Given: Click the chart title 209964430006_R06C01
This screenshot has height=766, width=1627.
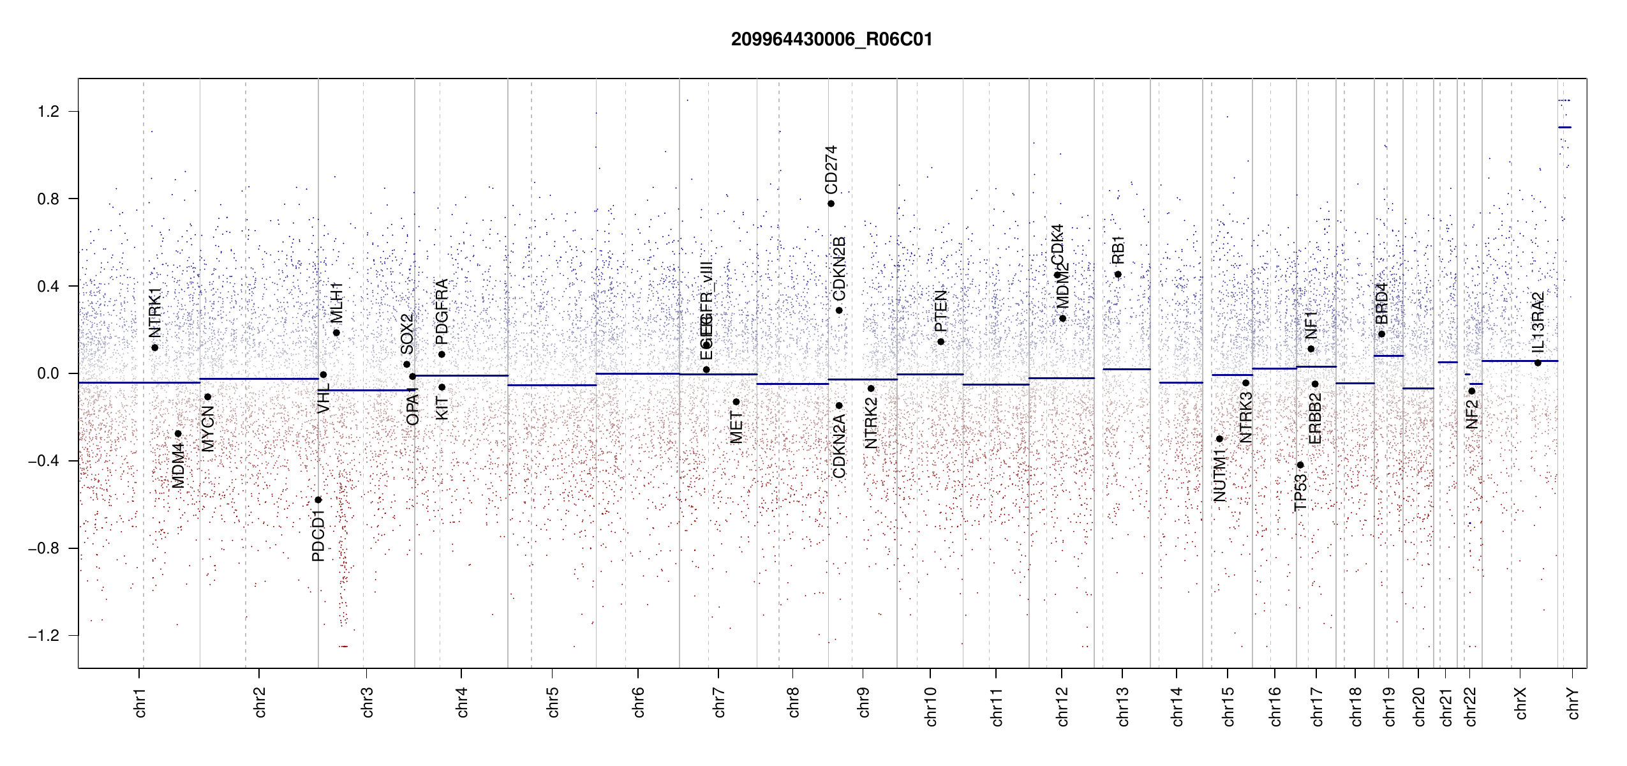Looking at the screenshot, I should (x=831, y=40).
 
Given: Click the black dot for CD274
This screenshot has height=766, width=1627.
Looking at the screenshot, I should (x=831, y=204).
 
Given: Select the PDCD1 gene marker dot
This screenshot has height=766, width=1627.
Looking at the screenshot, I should (x=318, y=500).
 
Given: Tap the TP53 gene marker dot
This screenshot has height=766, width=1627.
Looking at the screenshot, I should (x=1300, y=465).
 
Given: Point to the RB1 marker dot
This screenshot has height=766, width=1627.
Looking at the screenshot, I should (x=1118, y=274).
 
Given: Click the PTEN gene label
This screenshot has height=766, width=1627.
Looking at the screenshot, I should (x=940, y=311).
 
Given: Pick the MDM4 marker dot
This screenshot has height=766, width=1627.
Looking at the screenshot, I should (x=178, y=434).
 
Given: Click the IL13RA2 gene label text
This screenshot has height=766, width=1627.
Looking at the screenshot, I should (x=1538, y=322).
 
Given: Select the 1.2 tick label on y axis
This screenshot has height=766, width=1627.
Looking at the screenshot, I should (x=48, y=112).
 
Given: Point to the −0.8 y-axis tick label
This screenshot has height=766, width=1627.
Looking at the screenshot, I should (x=44, y=548).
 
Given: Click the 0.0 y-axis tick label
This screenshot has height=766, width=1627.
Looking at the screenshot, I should (x=48, y=373).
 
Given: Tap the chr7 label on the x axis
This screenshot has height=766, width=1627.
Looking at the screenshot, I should (x=719, y=702).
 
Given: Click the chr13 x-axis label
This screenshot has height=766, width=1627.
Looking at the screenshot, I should (x=1123, y=706).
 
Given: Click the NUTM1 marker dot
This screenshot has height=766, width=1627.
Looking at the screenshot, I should (x=1219, y=439).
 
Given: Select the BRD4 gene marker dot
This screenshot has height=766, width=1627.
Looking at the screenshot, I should (x=1381, y=334).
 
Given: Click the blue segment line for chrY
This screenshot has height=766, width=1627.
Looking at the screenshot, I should (x=1564, y=128).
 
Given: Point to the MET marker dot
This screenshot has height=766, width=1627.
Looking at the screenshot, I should (x=736, y=402).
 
